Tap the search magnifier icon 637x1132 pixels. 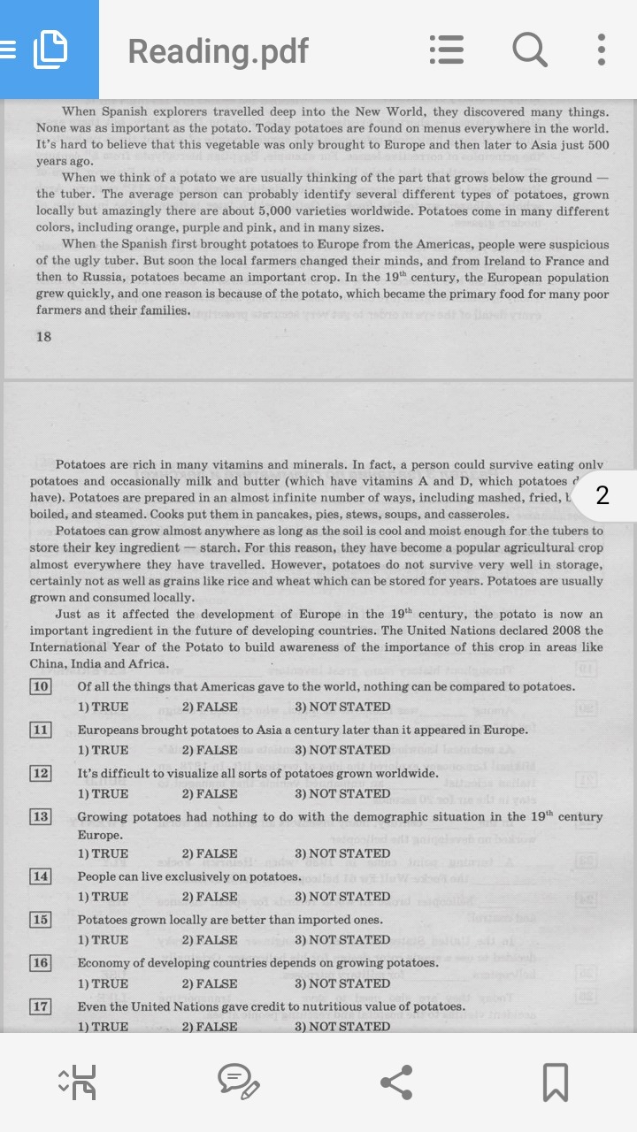[x=529, y=50]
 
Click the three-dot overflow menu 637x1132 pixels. [x=602, y=50]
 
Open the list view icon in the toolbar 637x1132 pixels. [x=447, y=50]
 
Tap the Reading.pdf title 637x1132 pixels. [x=219, y=51]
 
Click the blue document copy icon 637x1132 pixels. [x=50, y=50]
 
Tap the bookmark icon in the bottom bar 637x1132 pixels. [x=556, y=1082]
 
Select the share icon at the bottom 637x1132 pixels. [x=396, y=1082]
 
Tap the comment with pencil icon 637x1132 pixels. [x=238, y=1082]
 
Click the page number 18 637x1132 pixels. [x=43, y=336]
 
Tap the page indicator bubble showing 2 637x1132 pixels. [x=602, y=495]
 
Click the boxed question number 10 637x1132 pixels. [x=41, y=687]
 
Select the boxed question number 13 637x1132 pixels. [x=41, y=816]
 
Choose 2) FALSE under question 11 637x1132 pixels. [x=210, y=750]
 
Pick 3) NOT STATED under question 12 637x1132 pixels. [x=342, y=793]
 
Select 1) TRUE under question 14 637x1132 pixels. [x=103, y=897]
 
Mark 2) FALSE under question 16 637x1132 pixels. [x=210, y=983]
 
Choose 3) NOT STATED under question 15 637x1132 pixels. [x=342, y=940]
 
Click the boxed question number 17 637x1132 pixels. [x=41, y=1006]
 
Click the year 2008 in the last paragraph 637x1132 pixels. [x=567, y=631]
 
